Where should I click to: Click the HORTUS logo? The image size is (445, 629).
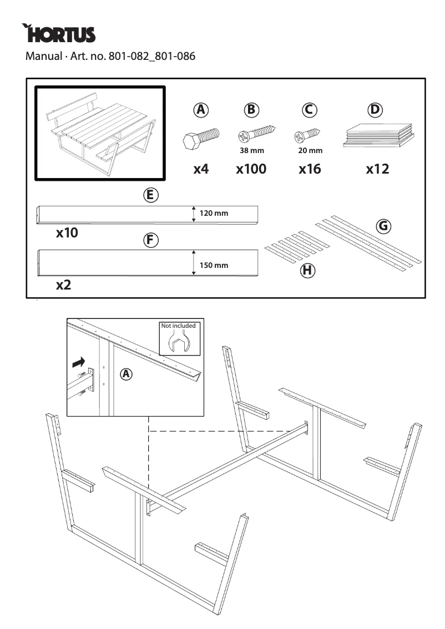pyautogui.click(x=59, y=34)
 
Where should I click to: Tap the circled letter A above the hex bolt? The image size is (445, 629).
pyautogui.click(x=200, y=110)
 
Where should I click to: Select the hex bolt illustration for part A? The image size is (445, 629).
pyautogui.click(x=200, y=139)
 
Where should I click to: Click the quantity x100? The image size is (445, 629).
pyautogui.click(x=251, y=169)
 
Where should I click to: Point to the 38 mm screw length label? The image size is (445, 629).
pyautogui.click(x=251, y=151)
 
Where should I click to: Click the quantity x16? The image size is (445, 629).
pyautogui.click(x=310, y=169)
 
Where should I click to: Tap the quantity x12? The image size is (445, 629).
pyautogui.click(x=377, y=169)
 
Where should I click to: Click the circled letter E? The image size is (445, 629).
pyautogui.click(x=150, y=195)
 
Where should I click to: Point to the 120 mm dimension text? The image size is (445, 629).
pyautogui.click(x=214, y=214)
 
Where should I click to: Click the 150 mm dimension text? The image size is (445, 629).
pyautogui.click(x=214, y=265)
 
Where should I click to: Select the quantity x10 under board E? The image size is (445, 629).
pyautogui.click(x=67, y=233)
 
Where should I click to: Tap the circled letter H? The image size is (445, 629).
pyautogui.click(x=307, y=271)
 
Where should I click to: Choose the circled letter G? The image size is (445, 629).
pyautogui.click(x=383, y=226)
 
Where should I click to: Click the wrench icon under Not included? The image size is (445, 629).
pyautogui.click(x=178, y=343)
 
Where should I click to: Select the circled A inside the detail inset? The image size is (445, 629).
pyautogui.click(x=127, y=375)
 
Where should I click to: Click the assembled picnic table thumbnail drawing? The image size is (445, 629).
pyautogui.click(x=100, y=133)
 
